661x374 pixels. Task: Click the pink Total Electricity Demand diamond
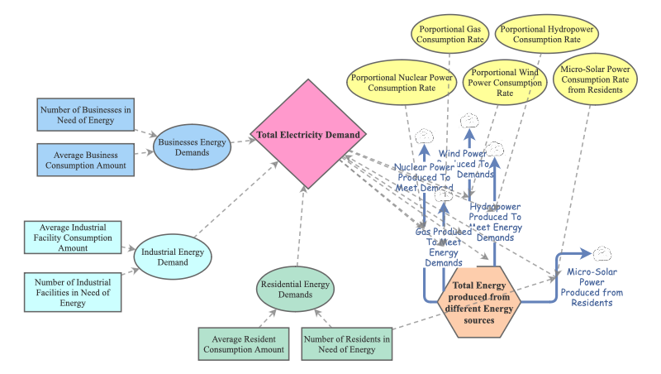307,134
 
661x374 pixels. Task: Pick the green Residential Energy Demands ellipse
301,291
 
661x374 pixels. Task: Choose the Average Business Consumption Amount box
85,160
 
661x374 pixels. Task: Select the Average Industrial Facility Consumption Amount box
73,237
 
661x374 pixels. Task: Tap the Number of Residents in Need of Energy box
346,344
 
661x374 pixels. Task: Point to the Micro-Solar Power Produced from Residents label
595,287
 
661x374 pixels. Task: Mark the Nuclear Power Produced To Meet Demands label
425,176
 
